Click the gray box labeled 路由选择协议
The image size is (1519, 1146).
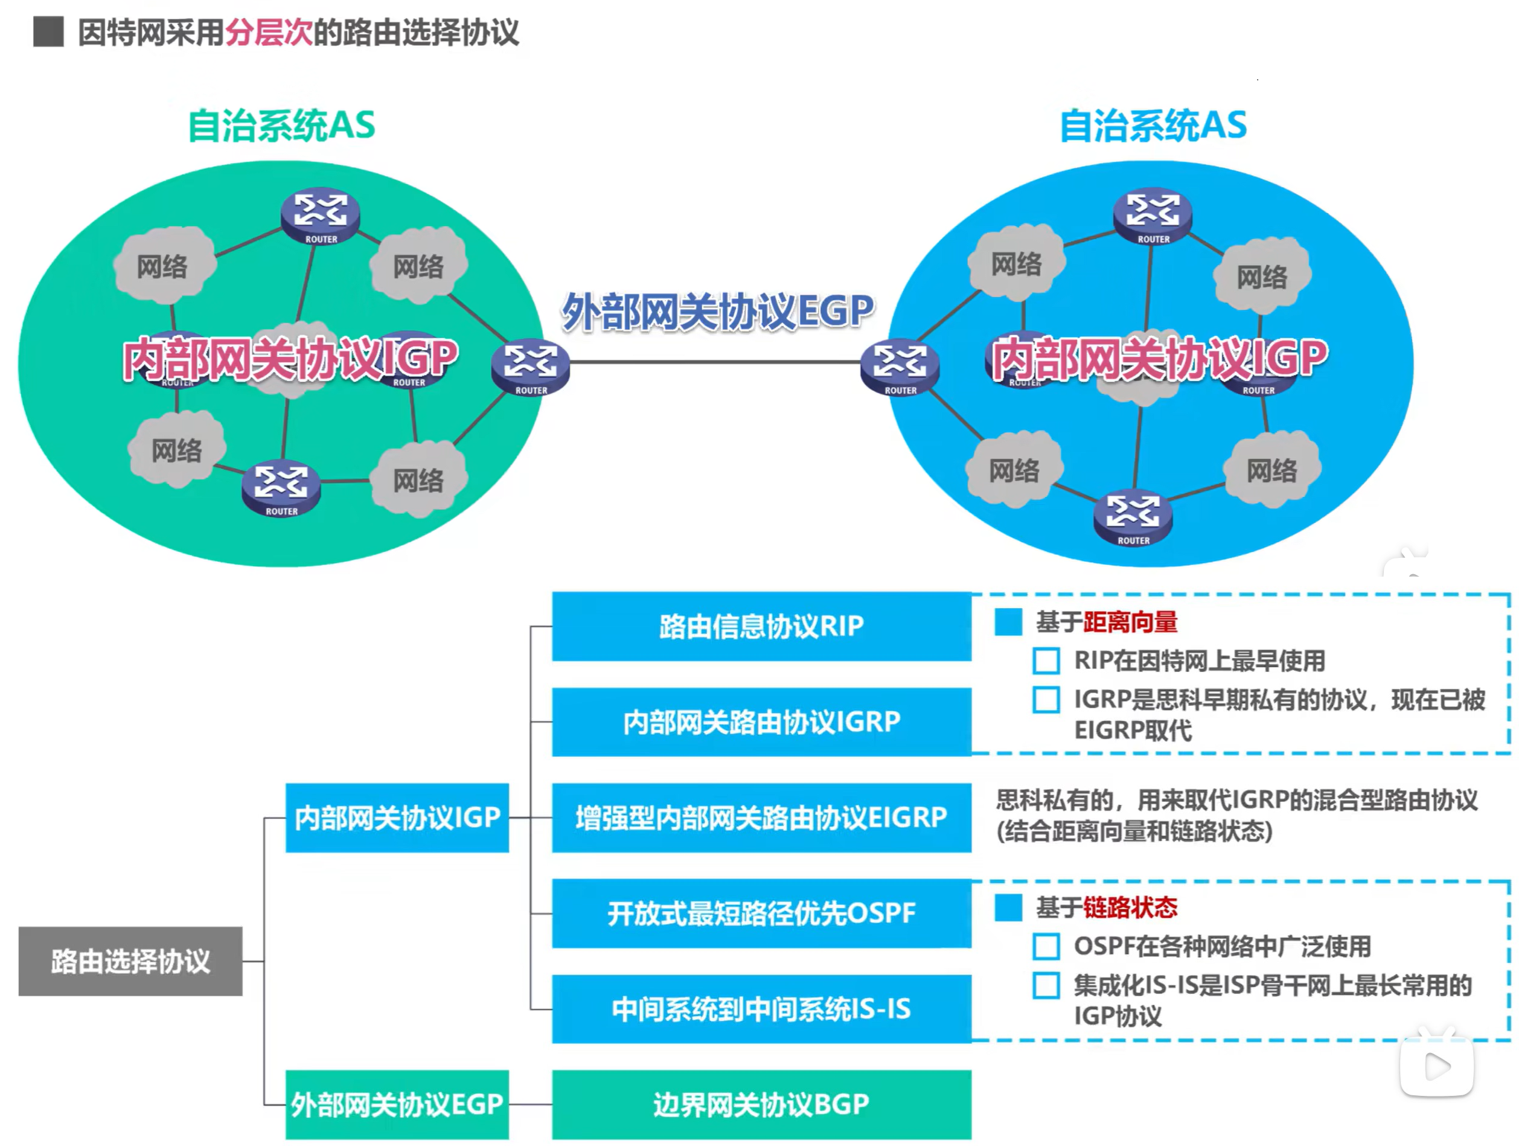click(130, 961)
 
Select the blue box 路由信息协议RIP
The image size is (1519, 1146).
click(761, 626)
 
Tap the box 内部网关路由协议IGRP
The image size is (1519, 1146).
click(761, 722)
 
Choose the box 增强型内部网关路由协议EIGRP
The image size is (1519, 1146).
click(761, 817)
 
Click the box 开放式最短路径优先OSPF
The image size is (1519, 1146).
click(761, 912)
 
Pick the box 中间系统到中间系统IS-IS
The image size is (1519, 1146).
click(761, 1009)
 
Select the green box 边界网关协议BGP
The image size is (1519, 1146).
click(761, 1104)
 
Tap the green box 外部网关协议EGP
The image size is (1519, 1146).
click(397, 1104)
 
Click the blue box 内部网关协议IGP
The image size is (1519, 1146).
click(397, 817)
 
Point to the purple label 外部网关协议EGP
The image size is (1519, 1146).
click(718, 311)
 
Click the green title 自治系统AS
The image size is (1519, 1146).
click(281, 126)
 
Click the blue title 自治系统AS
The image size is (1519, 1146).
click(1153, 126)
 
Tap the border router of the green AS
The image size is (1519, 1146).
click(530, 367)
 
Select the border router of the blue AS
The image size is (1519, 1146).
click(900, 367)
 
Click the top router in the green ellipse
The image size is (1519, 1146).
click(321, 214)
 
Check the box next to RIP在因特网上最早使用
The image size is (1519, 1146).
click(1046, 661)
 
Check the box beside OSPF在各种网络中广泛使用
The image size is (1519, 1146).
click(1046, 946)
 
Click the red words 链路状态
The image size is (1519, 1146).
click(1130, 908)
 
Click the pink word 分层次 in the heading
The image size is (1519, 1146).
click(269, 32)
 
